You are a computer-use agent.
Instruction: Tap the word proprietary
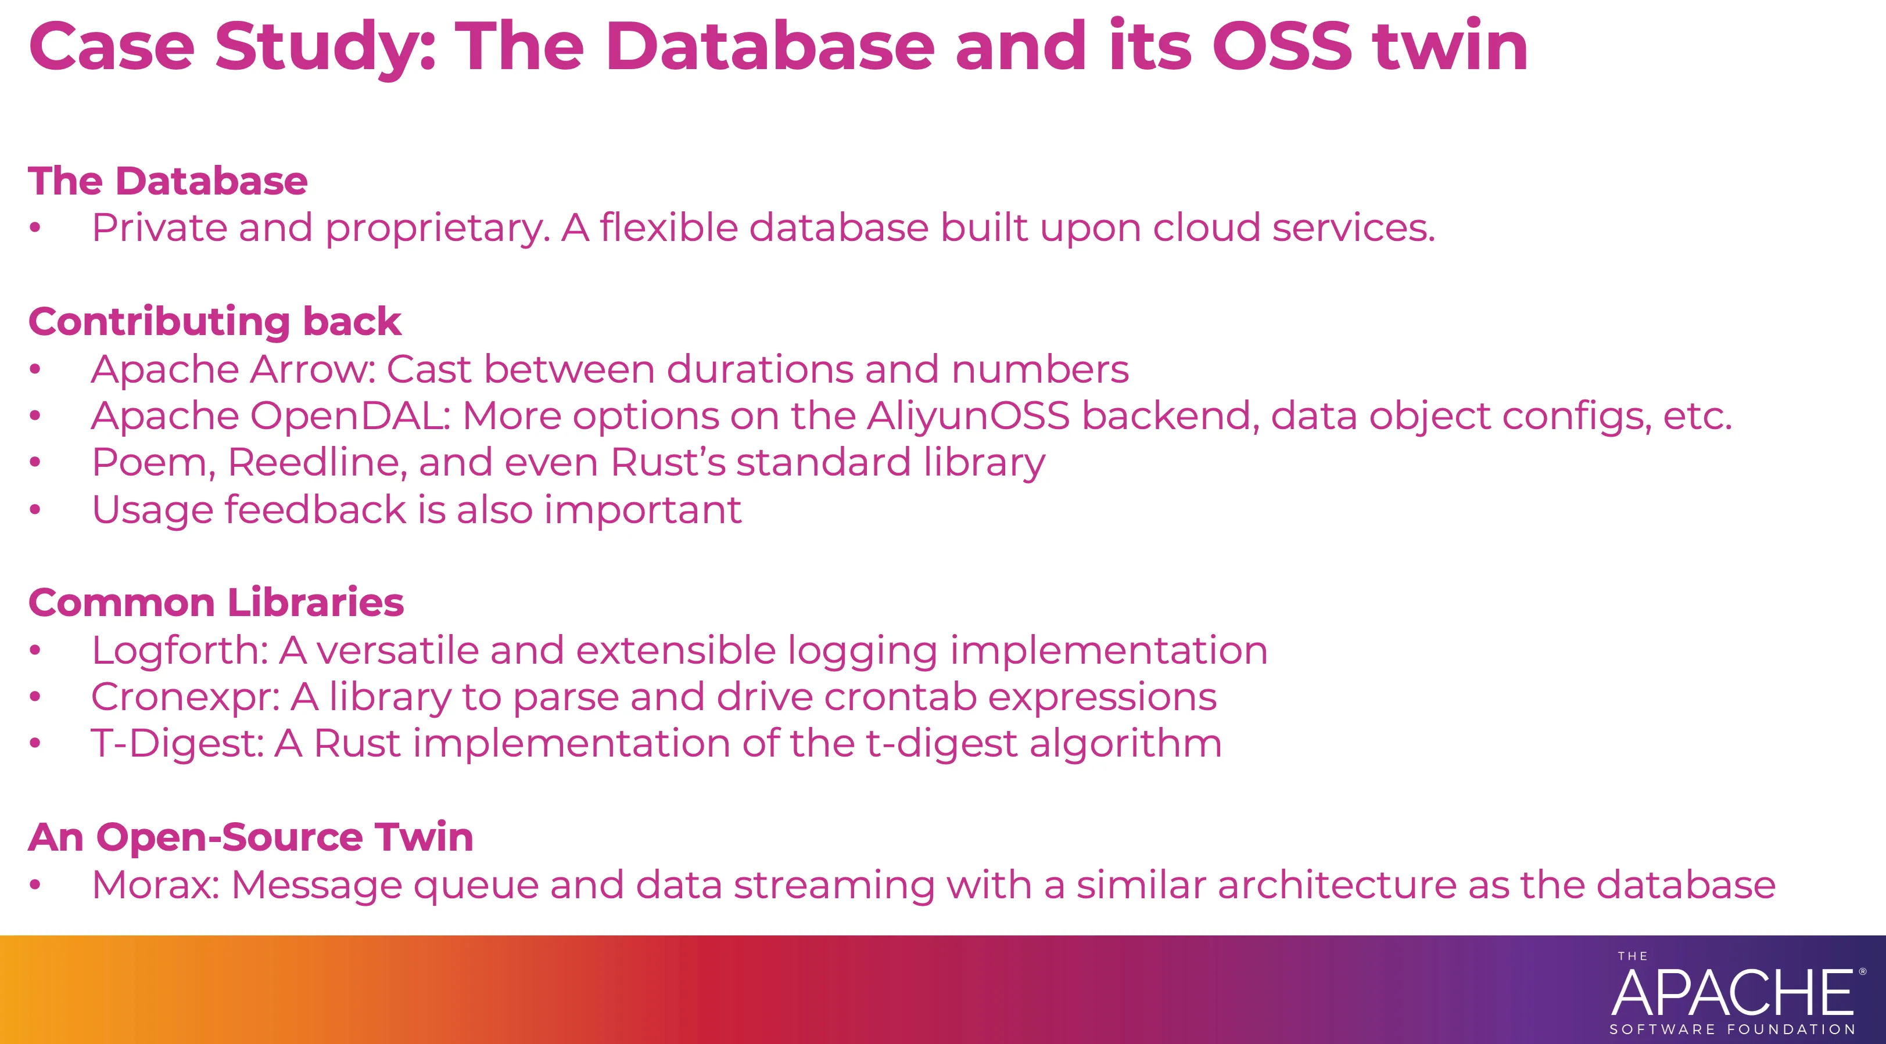coord(437,228)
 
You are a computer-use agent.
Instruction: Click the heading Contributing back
coord(214,321)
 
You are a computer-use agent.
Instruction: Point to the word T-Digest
coord(177,743)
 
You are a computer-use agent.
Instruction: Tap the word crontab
coord(900,697)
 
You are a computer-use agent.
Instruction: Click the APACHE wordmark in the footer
coord(1732,993)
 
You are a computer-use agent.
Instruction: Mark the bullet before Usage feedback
coord(34,510)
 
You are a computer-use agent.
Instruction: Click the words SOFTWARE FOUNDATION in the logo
coord(1732,1029)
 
